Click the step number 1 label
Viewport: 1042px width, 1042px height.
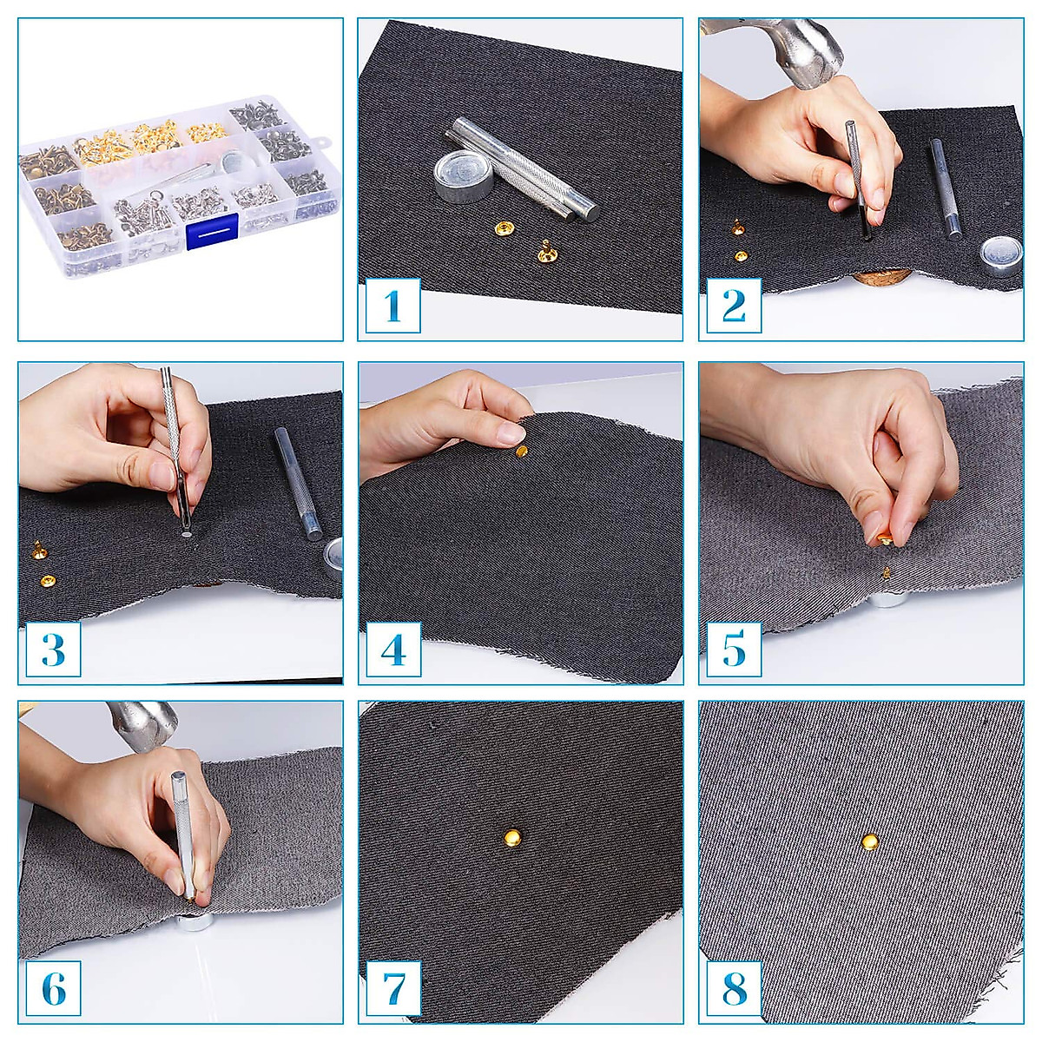(392, 306)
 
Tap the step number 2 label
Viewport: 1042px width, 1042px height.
(734, 306)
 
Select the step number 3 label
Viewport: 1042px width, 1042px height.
(52, 650)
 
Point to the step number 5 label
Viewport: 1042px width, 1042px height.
(734, 650)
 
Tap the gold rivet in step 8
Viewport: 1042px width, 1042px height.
(868, 840)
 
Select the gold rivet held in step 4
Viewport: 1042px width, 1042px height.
(520, 452)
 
